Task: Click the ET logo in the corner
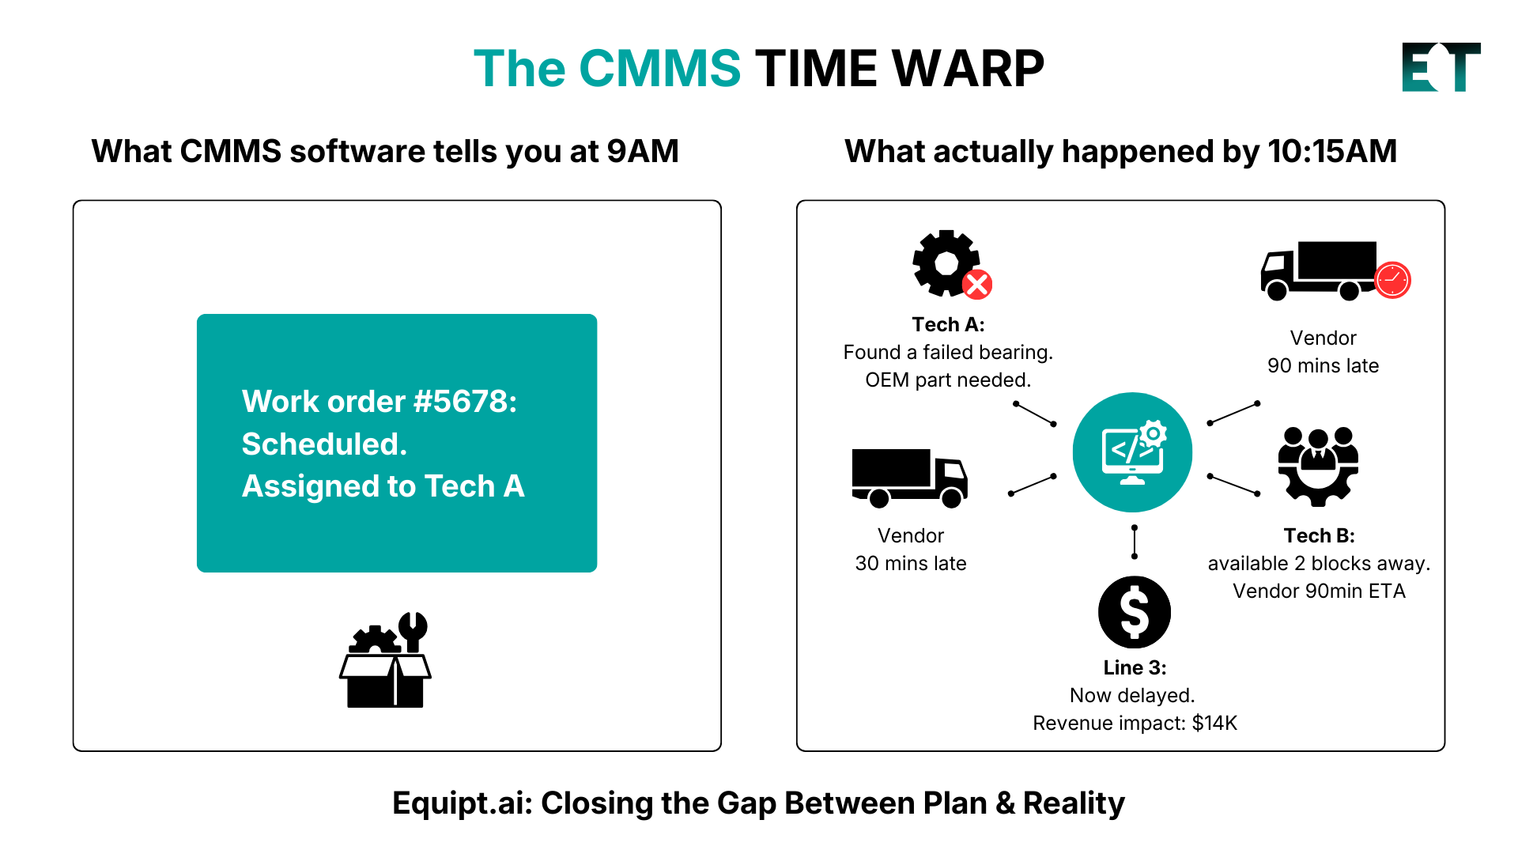pyautogui.click(x=1441, y=67)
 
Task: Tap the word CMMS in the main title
pyautogui.click(x=659, y=69)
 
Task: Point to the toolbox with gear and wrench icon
pyautogui.click(x=386, y=660)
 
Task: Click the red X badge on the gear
pyautogui.click(x=977, y=285)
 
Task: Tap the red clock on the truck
pyautogui.click(x=1392, y=280)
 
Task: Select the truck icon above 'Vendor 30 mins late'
pyautogui.click(x=909, y=478)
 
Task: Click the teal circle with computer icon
pyautogui.click(x=1132, y=452)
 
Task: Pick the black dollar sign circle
pyautogui.click(x=1135, y=612)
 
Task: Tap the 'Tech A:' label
pyautogui.click(x=948, y=325)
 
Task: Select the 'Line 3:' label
pyautogui.click(x=1135, y=668)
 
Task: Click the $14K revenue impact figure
pyautogui.click(x=1214, y=724)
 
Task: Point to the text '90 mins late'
pyautogui.click(x=1323, y=366)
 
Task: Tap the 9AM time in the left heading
pyautogui.click(x=642, y=152)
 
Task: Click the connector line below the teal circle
pyautogui.click(x=1135, y=542)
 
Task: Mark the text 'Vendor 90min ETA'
pyautogui.click(x=1319, y=591)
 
